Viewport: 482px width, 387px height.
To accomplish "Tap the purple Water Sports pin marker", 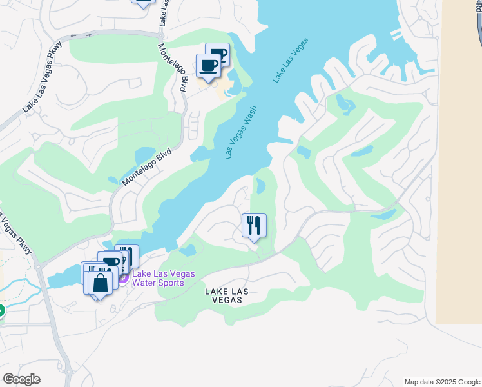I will [122, 278].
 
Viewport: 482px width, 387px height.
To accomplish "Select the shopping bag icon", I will [101, 283].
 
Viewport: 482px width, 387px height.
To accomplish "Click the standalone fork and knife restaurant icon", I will [254, 226].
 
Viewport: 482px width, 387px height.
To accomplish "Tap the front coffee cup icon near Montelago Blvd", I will [208, 66].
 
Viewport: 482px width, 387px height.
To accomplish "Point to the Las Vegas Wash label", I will [242, 132].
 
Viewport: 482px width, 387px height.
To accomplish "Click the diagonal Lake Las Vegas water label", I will [291, 60].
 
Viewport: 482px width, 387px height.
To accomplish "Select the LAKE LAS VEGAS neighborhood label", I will [227, 296].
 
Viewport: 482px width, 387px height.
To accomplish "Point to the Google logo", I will [21, 379].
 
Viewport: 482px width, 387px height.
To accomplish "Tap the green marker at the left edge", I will [1, 311].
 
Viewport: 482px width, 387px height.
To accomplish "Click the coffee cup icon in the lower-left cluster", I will [111, 262].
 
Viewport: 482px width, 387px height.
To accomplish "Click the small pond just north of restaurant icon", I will [260, 186].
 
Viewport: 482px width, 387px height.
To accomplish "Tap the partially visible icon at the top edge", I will [143, 3].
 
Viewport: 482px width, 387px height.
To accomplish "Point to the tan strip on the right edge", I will [459, 161].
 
